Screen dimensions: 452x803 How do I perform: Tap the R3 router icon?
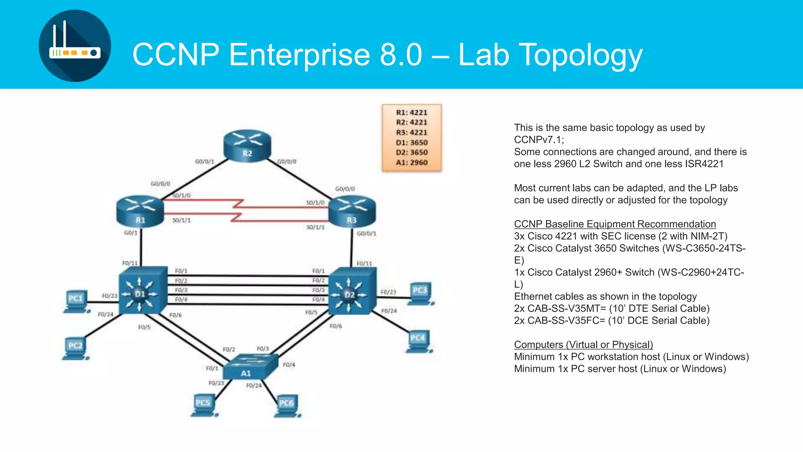352,211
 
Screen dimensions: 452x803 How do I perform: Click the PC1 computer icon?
76,301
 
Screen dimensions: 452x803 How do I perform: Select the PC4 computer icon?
419,341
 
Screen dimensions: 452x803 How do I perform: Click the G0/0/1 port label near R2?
204,162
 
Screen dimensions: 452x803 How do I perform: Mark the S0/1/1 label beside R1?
182,221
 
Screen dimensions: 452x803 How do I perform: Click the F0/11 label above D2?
364,264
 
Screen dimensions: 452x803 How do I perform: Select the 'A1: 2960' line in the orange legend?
412,162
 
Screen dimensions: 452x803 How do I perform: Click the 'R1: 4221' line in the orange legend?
412,113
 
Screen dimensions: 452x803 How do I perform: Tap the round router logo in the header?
75,46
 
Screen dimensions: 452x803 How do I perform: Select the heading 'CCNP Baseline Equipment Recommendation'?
614,224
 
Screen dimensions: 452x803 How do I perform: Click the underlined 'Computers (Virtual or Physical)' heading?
583,344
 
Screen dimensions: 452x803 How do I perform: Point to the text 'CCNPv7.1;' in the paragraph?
539,140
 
